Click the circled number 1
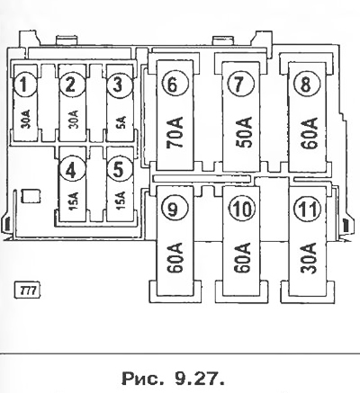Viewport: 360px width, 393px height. click(24, 85)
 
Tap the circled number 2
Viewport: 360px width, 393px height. click(71, 85)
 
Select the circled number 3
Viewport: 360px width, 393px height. click(118, 85)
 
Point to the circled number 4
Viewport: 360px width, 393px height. click(71, 170)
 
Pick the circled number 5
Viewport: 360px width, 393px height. click(119, 170)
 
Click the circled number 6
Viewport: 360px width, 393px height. click(175, 85)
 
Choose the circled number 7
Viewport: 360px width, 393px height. click(240, 85)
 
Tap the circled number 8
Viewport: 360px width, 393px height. click(305, 85)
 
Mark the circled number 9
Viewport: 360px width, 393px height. click(174, 208)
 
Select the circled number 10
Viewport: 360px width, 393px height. click(242, 208)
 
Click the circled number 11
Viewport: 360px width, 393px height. click(308, 208)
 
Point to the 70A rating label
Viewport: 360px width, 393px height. click(175, 133)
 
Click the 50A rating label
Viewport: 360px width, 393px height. click(244, 133)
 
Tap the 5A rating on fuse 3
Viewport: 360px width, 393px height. click(121, 122)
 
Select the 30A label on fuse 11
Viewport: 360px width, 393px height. click(309, 258)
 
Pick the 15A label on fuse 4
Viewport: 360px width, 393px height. click(74, 201)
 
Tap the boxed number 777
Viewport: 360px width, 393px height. click(28, 290)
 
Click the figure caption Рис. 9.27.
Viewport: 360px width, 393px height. click(173, 379)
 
